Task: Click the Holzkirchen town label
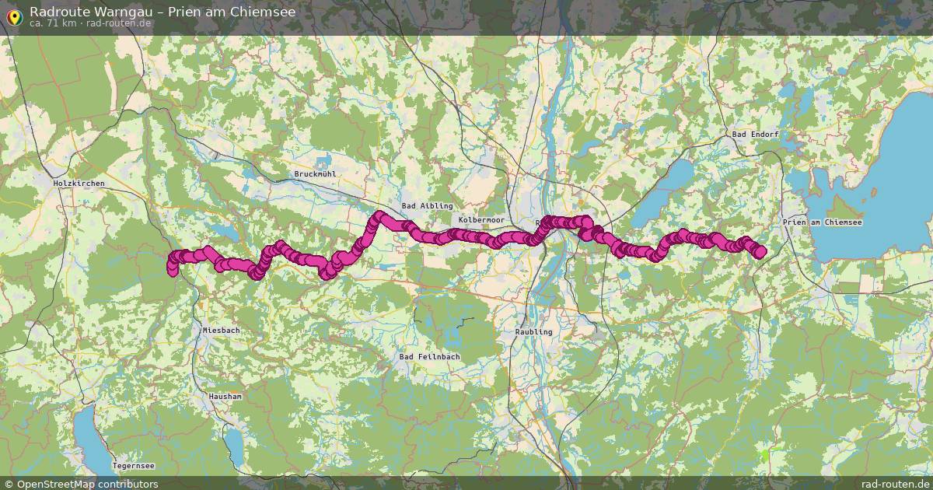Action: tap(79, 183)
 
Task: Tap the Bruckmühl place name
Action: tap(315, 174)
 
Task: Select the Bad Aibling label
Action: tap(427, 205)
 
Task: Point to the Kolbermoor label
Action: tap(482, 220)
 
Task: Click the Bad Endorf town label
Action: tap(755, 135)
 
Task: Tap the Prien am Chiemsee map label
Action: tap(823, 222)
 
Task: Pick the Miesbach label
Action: tap(222, 330)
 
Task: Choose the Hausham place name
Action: tap(225, 396)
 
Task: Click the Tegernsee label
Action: tap(134, 466)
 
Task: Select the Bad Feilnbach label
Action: tap(429, 357)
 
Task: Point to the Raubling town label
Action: tap(533, 331)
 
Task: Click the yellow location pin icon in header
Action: tap(13, 16)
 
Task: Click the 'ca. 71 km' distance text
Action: tap(53, 23)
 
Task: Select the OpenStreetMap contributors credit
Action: tap(81, 484)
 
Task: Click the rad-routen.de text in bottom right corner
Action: tap(894, 484)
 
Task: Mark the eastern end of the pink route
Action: tap(760, 250)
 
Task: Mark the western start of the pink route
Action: tap(172, 269)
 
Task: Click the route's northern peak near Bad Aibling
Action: tap(380, 215)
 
